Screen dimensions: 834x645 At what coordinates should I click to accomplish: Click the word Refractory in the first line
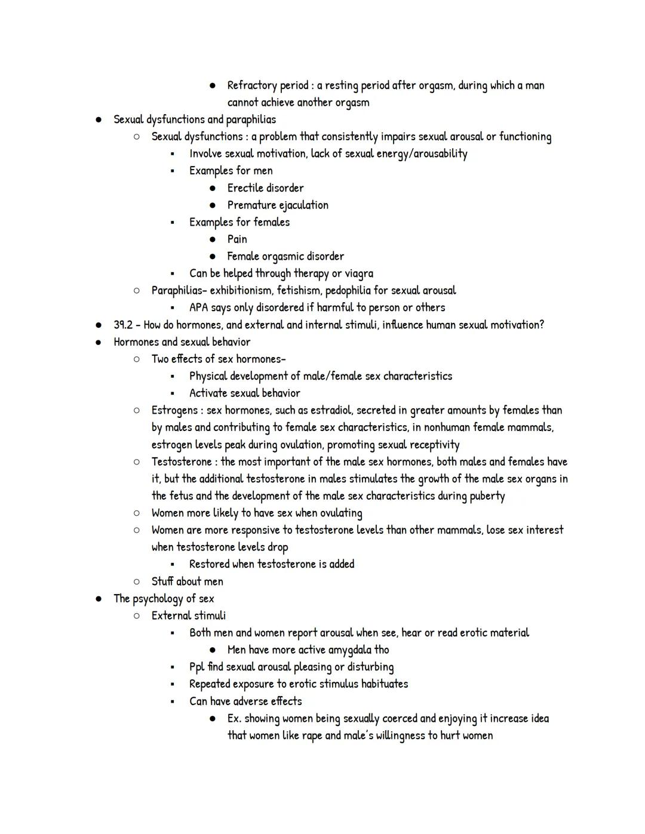[252, 85]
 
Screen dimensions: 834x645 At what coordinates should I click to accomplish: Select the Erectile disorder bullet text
[265, 188]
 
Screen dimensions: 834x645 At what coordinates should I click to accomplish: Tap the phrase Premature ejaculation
[278, 205]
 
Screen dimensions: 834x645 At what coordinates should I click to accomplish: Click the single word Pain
[237, 239]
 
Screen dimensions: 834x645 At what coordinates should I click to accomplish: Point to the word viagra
[359, 273]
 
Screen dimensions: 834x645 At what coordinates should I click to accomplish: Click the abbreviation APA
[199, 307]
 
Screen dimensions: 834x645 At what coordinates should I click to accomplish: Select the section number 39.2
[123, 325]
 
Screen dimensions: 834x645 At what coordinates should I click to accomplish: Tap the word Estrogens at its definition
[174, 411]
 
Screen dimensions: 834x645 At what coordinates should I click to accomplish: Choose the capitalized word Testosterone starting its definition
[182, 462]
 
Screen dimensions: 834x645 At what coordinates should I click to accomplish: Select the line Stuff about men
[187, 581]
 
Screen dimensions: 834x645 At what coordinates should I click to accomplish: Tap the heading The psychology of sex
[164, 599]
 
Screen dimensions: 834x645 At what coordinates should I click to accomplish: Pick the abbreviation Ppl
[196, 667]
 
